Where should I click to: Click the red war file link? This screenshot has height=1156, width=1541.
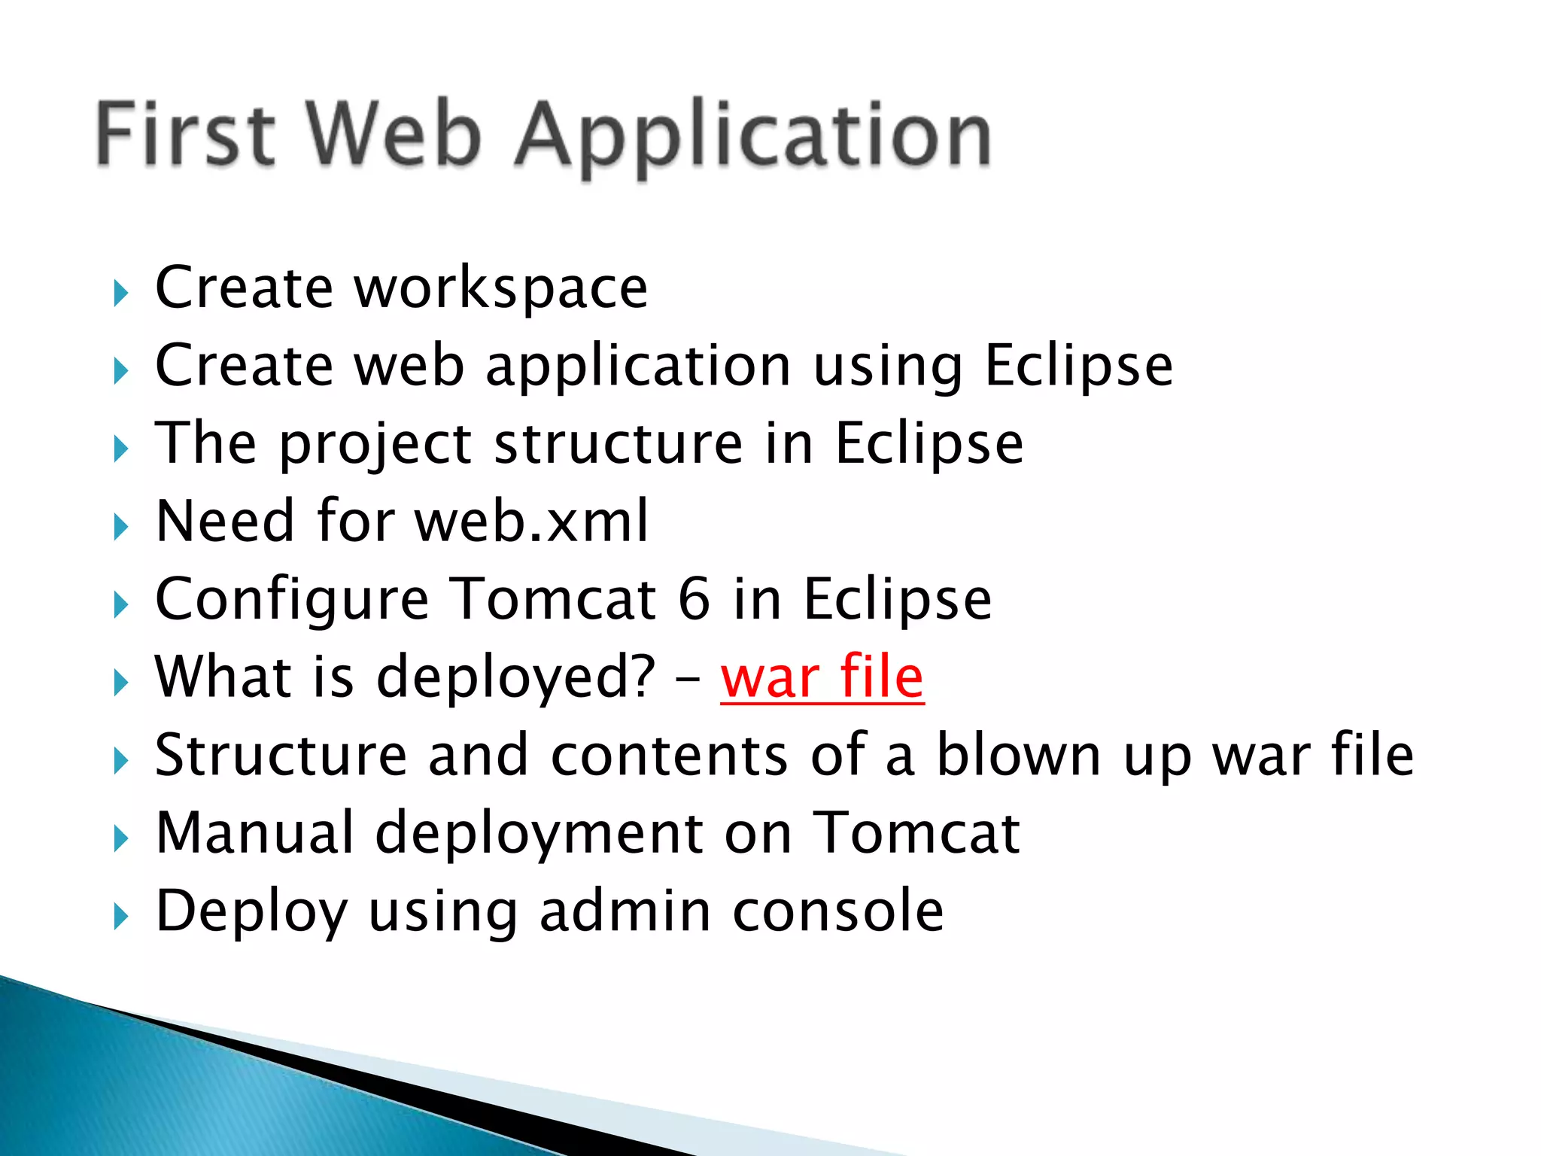(x=822, y=677)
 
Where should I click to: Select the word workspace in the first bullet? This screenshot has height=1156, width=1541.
(x=500, y=288)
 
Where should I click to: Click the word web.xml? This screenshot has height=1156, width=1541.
(x=531, y=521)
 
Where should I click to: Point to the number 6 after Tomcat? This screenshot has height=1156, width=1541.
(x=694, y=599)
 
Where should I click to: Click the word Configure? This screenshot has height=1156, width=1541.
(x=292, y=601)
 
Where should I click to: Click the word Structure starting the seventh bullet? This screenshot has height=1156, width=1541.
(x=281, y=755)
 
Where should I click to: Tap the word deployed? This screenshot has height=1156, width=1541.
(x=516, y=678)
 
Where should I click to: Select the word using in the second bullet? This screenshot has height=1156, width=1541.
(x=888, y=367)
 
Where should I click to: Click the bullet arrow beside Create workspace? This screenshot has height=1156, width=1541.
(x=120, y=293)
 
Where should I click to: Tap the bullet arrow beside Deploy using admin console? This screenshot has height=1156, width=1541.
(x=120, y=916)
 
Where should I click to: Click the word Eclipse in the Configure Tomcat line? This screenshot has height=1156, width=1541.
(x=898, y=601)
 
